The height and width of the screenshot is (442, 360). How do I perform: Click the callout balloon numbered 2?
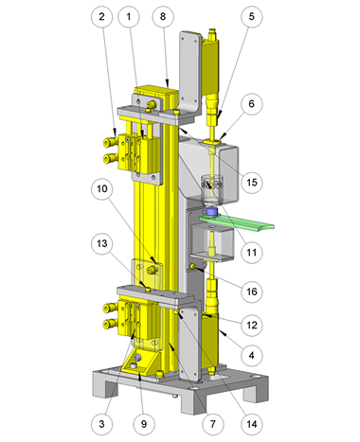click(101, 16)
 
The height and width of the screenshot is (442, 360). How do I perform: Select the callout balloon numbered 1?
click(129, 16)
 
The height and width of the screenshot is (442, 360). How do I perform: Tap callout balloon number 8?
click(163, 16)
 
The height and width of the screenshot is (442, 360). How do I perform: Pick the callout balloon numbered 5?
click(251, 16)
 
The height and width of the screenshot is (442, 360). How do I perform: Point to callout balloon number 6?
click(251, 103)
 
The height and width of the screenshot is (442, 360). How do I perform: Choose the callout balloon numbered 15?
click(251, 182)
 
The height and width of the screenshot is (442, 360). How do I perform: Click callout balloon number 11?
click(251, 252)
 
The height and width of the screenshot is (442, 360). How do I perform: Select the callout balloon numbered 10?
click(101, 189)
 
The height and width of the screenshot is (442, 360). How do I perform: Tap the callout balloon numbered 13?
click(101, 243)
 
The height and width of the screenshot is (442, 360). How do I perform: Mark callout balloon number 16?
click(251, 292)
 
